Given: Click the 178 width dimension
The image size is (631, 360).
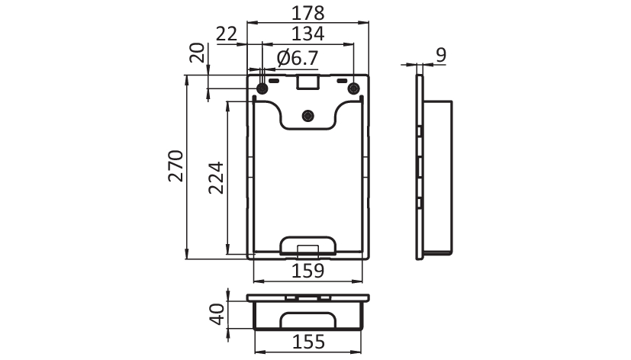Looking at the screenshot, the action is click(307, 13).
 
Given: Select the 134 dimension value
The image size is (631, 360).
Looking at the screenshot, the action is click(307, 34).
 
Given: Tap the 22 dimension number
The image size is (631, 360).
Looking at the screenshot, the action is click(227, 34).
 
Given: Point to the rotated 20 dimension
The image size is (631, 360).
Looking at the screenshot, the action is click(197, 53).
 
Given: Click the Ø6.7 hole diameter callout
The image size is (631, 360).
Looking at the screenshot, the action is click(298, 58).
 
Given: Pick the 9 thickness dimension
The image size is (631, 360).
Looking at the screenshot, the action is click(442, 55).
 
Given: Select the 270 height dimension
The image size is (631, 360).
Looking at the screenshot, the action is click(175, 166).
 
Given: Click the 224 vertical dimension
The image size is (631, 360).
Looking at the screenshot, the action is click(216, 178).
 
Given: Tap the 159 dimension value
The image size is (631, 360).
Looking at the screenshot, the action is click(307, 271).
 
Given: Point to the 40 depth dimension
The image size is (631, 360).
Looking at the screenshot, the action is click(217, 314).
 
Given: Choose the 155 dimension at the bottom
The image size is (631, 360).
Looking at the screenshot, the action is click(308, 342).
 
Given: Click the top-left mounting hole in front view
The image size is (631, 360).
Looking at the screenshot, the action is click(262, 88).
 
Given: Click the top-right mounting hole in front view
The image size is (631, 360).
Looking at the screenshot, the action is click(353, 88).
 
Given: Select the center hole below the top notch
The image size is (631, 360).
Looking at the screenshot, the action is click(308, 116).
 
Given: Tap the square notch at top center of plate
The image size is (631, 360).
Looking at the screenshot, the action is click(307, 82).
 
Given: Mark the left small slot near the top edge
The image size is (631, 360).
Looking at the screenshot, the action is click(274, 82).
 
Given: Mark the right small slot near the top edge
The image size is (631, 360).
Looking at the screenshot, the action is click(342, 82).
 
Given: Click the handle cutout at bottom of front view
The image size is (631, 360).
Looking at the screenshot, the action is click(307, 246).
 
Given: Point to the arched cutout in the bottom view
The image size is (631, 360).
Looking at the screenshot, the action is click(307, 320).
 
